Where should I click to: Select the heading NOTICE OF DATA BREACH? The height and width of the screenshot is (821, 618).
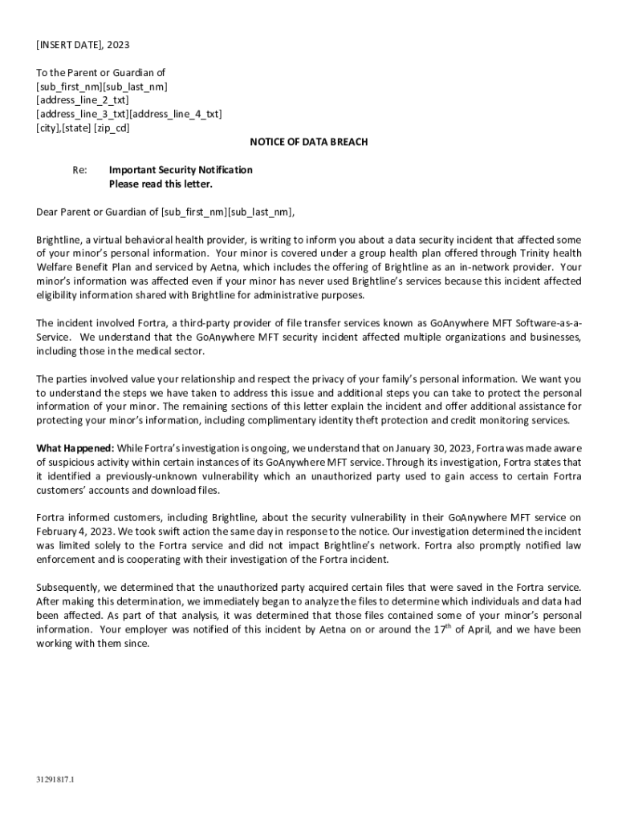(x=309, y=142)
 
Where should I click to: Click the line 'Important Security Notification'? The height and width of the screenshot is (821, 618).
(x=181, y=170)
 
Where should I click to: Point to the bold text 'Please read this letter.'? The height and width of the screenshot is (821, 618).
(x=161, y=184)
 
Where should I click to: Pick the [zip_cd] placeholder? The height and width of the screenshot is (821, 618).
(x=112, y=128)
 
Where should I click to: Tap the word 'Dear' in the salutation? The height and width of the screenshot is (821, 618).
(x=47, y=212)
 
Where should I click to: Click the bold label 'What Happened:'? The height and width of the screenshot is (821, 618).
(x=75, y=447)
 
